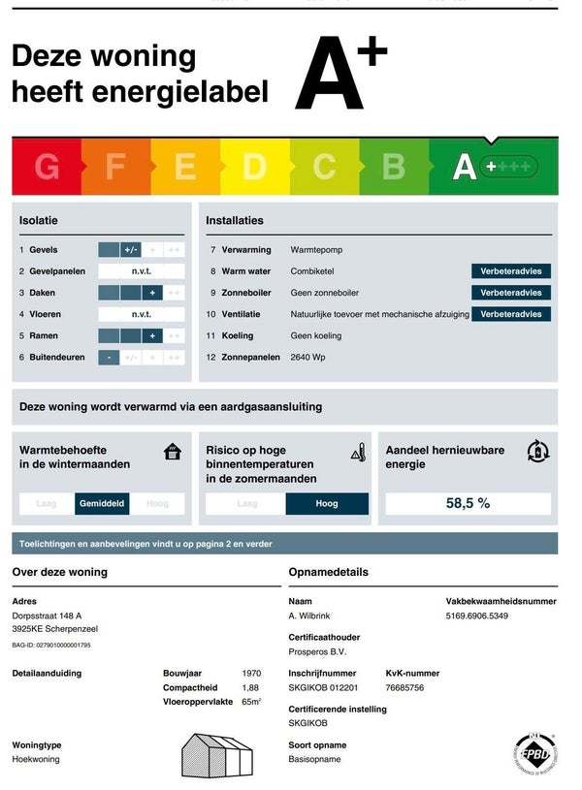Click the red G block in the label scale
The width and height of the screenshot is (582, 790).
click(47, 167)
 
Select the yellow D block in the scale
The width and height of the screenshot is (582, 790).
click(254, 167)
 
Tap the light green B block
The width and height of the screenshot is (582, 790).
click(393, 167)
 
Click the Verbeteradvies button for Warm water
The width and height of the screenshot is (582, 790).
click(511, 271)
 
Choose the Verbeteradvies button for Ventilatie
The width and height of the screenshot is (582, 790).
click(511, 314)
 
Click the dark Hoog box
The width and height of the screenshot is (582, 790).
click(327, 504)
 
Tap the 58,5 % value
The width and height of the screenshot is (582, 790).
click(468, 503)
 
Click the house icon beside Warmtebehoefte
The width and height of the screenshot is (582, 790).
click(173, 452)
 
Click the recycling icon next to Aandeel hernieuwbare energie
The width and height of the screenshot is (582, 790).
click(537, 451)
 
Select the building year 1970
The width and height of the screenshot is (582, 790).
click(251, 673)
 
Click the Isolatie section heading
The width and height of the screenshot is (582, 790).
click(40, 221)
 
